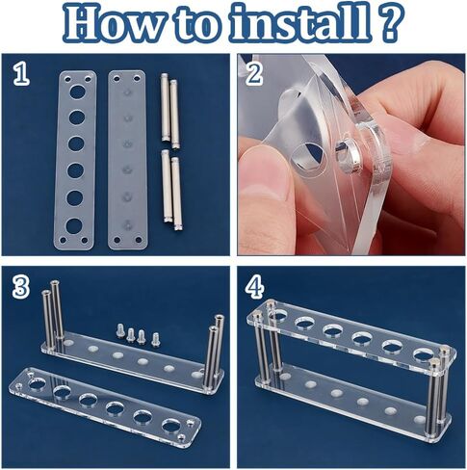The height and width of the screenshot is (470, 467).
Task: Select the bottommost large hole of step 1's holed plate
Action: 74,225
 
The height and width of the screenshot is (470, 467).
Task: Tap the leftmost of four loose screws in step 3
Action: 119,332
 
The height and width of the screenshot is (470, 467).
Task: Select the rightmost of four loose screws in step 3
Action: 155,338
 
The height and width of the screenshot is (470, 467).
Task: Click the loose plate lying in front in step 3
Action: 101,409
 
